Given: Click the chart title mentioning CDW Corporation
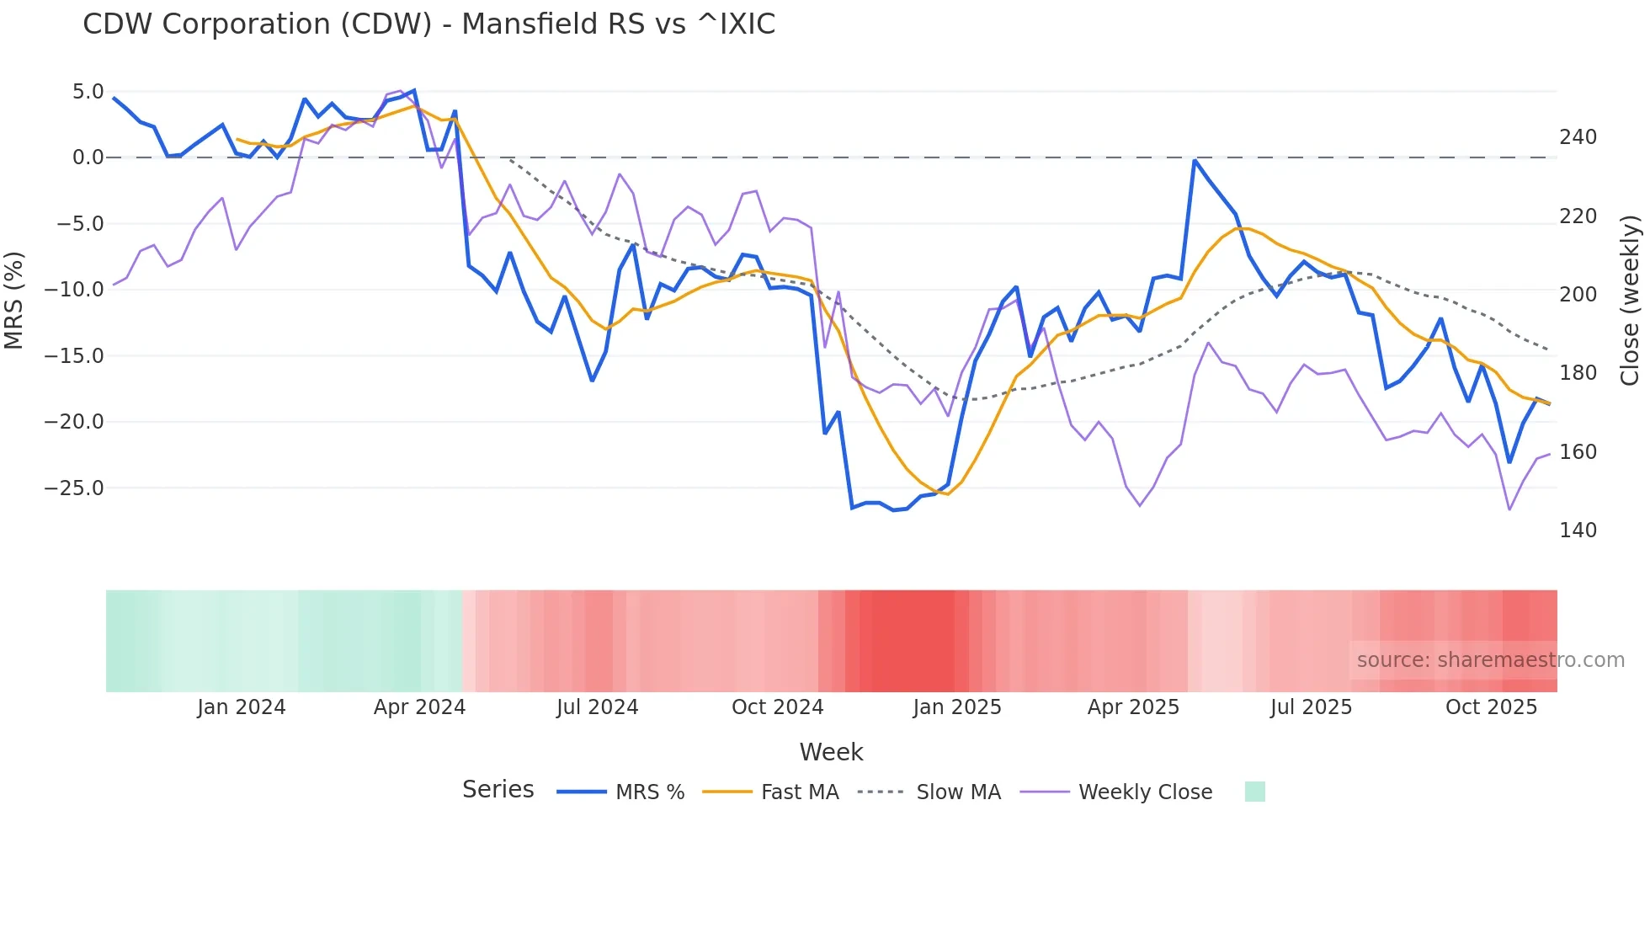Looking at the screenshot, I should tap(428, 24).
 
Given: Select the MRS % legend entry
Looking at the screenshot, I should tap(649, 792).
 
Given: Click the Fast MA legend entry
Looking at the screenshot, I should tap(799, 792).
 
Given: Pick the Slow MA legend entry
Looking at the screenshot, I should tap(958, 792).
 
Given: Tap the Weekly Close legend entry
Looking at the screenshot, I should tap(1145, 792).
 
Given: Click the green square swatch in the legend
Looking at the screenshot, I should tap(1254, 792).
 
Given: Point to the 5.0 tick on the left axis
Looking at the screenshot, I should tap(88, 92).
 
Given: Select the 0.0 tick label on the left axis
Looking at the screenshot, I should tap(88, 157).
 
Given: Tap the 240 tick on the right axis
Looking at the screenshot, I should tap(1578, 137).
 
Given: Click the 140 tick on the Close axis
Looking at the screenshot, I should tap(1578, 531).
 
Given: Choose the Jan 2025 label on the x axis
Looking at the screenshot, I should tap(957, 707).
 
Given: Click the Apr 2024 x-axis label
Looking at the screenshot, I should tap(419, 707).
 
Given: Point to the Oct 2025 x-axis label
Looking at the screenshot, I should tap(1491, 707).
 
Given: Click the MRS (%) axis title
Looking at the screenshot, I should tap(14, 300).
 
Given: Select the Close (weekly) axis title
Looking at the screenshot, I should tap(1630, 300).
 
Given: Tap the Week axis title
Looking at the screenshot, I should tap(831, 752).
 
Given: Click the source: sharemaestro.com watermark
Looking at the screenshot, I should tap(1490, 660).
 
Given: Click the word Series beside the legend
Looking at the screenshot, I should tap(498, 790).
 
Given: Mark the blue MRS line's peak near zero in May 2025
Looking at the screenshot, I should tap(1195, 160).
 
